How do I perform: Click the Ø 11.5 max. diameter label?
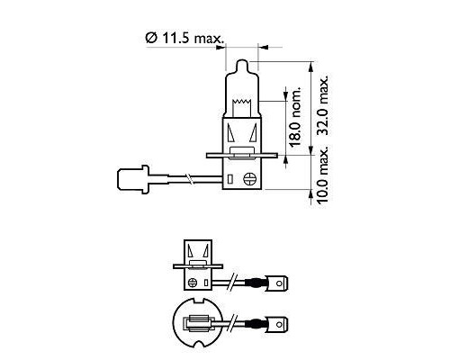pos(185,38)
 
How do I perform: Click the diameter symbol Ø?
pos(150,38)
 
